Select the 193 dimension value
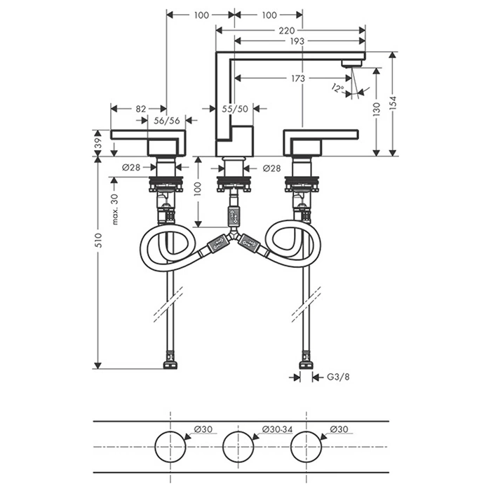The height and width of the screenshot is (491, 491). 297,41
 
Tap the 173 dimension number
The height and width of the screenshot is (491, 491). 297,79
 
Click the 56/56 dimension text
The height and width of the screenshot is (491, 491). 167,120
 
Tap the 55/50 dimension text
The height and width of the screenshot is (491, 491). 234,108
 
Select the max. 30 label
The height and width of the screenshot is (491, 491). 115,208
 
